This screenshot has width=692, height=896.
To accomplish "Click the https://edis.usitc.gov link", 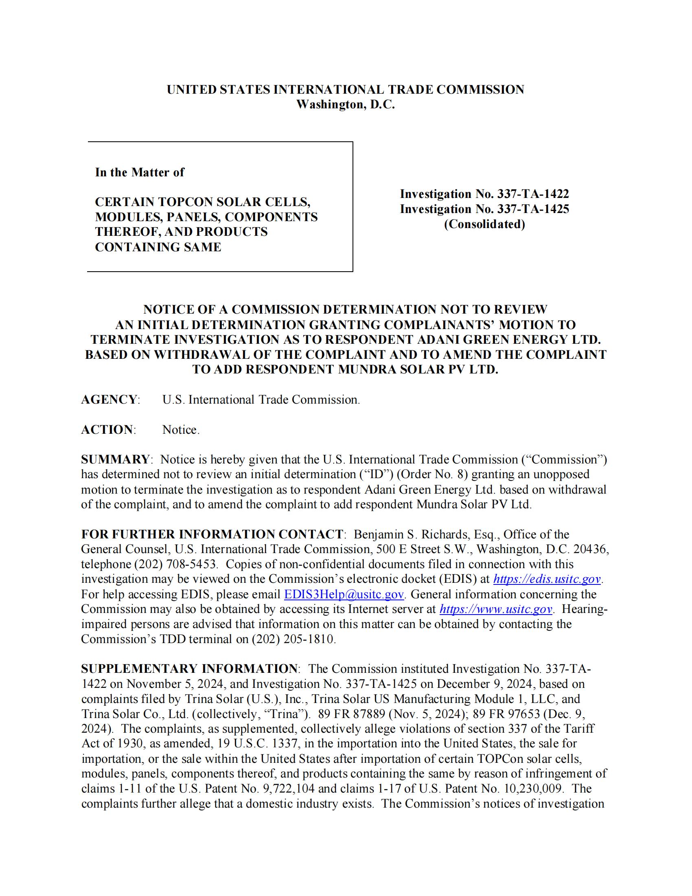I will (547, 579).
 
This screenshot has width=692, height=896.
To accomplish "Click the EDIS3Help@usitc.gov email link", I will (344, 595).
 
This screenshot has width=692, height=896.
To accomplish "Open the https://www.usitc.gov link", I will (496, 609).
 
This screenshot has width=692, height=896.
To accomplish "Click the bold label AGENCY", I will (109, 400).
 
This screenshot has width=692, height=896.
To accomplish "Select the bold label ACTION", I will (107, 430).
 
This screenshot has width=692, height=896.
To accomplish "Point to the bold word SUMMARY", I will (115, 459).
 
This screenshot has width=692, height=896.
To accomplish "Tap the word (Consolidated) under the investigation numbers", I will (484, 224).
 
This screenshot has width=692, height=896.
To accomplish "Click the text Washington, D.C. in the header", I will (345, 105).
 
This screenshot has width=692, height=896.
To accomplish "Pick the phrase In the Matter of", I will (139, 172).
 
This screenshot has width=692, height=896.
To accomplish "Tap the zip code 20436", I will (591, 549).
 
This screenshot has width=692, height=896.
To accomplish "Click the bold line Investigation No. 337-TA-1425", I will (484, 209).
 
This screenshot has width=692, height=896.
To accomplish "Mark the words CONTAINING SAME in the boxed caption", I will (158, 247).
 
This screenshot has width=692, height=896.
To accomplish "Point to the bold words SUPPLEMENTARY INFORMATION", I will (189, 669).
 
